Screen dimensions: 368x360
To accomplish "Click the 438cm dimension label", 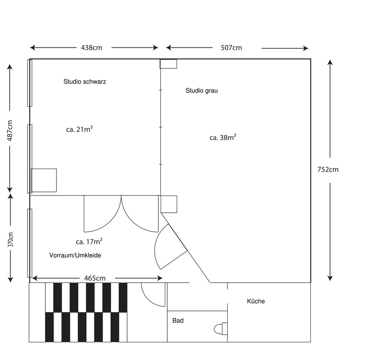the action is (x=92, y=48).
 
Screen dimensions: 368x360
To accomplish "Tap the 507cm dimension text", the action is (x=231, y=48).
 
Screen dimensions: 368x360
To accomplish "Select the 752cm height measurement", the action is (x=328, y=169).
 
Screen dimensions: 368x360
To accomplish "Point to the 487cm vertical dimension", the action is (x=10, y=130).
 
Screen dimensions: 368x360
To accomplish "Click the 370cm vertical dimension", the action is (x=11, y=240).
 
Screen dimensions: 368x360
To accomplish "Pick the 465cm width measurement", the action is (x=95, y=278).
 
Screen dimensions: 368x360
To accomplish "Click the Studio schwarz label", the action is (x=85, y=81).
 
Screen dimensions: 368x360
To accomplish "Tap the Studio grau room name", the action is (x=202, y=90).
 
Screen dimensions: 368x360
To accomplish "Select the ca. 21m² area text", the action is (x=79, y=129).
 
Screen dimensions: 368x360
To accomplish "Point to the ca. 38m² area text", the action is (x=223, y=137).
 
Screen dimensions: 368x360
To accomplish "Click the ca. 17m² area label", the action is (x=89, y=241).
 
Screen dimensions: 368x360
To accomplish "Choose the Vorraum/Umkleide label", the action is (x=75, y=255).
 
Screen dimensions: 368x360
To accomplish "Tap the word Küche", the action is (x=256, y=301).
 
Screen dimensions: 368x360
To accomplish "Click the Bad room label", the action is (x=178, y=320).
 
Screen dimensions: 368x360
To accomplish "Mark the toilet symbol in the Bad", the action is (x=221, y=328).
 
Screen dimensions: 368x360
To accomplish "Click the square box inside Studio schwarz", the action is (x=44, y=180).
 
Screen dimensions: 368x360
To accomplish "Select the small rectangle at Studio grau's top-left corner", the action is (x=168, y=64).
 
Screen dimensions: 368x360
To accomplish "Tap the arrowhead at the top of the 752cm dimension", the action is (x=330, y=62).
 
